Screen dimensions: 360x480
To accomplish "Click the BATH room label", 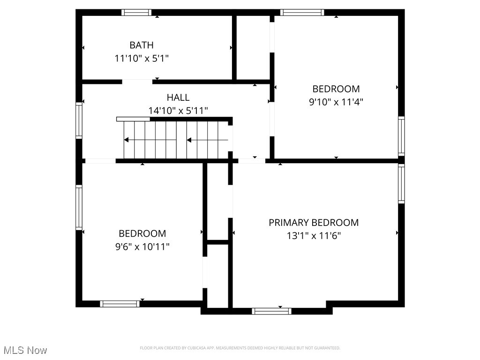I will click(141, 45).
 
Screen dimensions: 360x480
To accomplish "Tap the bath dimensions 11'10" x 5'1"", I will click(141, 59).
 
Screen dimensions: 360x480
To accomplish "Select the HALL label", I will click(178, 97).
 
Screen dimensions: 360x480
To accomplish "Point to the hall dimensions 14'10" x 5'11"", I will click(178, 111).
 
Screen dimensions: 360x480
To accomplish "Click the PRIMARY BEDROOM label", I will click(314, 223).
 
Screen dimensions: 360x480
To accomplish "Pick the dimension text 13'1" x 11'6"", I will click(314, 236).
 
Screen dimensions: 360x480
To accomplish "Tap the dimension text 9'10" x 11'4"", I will click(336, 102).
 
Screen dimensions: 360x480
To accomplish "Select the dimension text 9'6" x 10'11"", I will click(142, 247).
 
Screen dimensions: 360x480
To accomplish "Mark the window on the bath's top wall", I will click(136, 13).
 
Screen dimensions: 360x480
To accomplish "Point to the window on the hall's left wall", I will click(79, 120).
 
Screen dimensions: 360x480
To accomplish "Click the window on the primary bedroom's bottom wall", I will click(271, 311).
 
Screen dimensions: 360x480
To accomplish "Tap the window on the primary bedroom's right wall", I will click(401, 184).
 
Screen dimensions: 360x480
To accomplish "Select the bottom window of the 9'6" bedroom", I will click(120, 304).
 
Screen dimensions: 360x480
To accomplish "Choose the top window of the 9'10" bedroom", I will click(302, 13).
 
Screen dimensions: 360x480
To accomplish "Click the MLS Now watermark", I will click(25, 350).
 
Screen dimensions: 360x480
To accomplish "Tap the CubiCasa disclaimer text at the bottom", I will click(240, 348).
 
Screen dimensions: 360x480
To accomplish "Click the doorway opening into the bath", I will click(137, 82).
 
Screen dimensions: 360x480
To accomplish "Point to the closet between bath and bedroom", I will click(253, 47).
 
